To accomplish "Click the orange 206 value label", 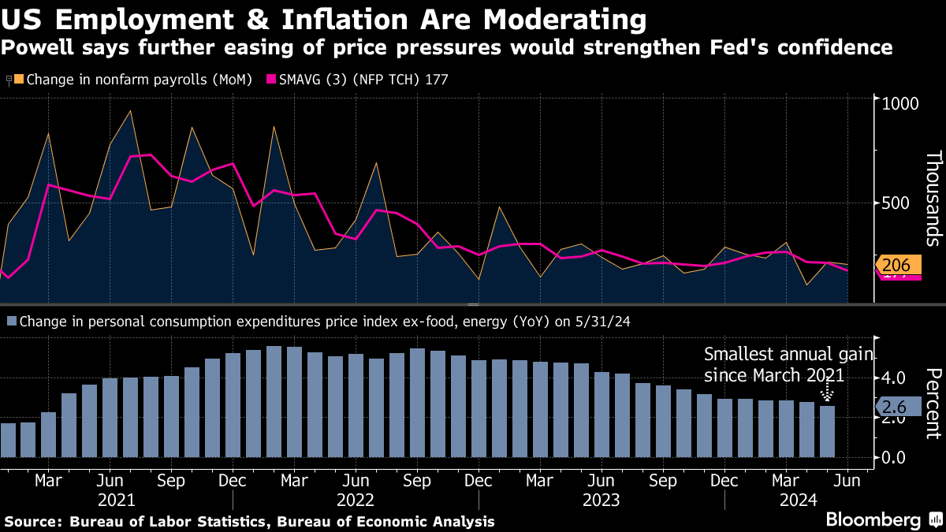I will [899, 266].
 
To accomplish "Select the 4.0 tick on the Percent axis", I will [896, 378].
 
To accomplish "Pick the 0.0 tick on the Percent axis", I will [896, 457].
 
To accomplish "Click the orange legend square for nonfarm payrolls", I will [20, 80].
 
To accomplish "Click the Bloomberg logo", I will [873, 520].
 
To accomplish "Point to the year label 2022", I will [356, 500].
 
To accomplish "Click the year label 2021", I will [117, 500].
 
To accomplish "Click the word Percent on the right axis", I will [933, 403].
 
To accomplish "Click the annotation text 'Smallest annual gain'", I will [788, 355].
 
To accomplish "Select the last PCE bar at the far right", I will [826, 431].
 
